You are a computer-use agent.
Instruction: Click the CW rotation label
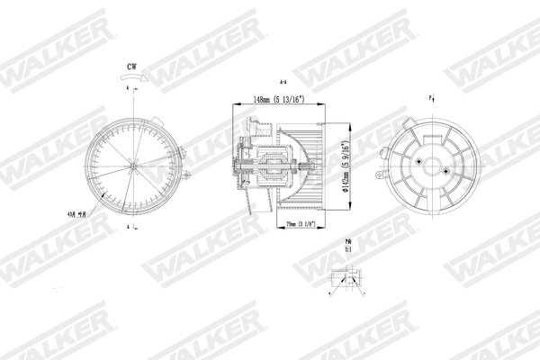click(132, 66)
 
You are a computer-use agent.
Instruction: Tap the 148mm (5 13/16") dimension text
click(268, 99)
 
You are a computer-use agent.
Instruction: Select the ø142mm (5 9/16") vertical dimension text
click(346, 162)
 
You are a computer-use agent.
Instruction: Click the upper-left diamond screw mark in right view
click(418, 160)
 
